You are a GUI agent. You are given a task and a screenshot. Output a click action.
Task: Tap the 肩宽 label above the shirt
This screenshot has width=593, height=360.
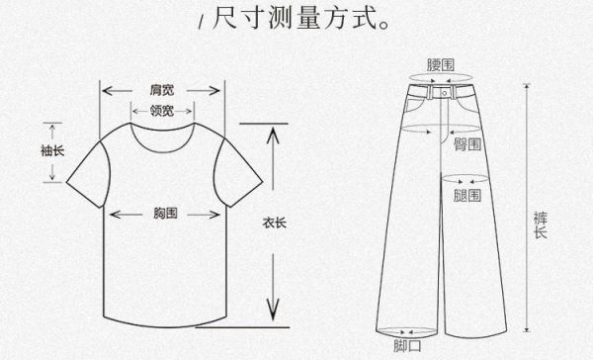(162, 89)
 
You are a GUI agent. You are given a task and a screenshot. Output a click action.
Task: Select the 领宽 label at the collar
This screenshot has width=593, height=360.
(162, 109)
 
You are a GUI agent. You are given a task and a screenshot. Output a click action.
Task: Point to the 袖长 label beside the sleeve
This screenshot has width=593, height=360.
(51, 151)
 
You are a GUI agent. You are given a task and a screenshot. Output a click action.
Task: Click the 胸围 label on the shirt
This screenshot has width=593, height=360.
(165, 213)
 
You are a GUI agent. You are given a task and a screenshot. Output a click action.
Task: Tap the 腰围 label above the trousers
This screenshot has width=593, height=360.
(441, 64)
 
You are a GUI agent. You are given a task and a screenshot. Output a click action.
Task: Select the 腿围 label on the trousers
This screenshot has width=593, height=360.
(467, 196)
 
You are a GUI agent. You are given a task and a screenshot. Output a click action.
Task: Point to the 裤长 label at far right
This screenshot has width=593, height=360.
(540, 223)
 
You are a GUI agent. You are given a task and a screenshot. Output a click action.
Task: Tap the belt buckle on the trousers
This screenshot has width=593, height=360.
(442, 92)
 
